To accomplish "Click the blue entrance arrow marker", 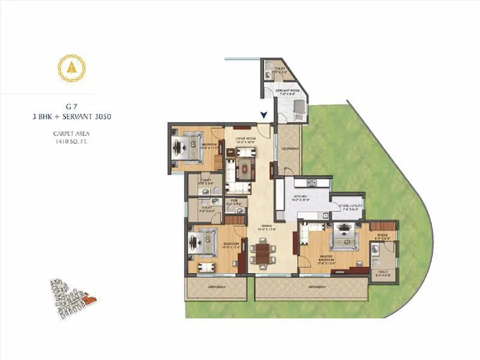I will tap(263, 116).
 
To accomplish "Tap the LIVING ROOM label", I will tap(245, 139).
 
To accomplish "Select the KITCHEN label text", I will tap(299, 196).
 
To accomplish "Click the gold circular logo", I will tap(71, 68).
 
